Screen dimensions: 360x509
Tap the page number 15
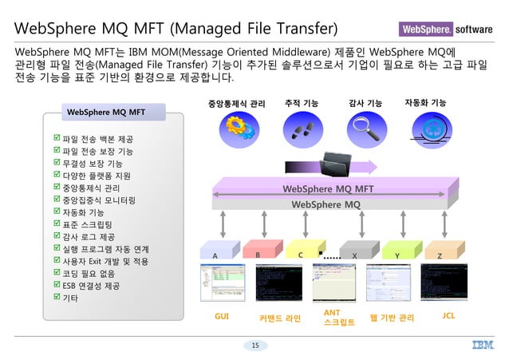coord(255,345)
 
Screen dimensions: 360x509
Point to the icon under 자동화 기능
coord(425,129)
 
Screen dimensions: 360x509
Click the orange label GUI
coord(222,317)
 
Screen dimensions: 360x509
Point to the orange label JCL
coord(448,316)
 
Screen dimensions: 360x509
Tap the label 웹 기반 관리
coord(392,318)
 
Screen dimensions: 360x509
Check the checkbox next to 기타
coord(55,298)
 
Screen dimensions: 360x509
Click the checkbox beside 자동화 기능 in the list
coord(55,212)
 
